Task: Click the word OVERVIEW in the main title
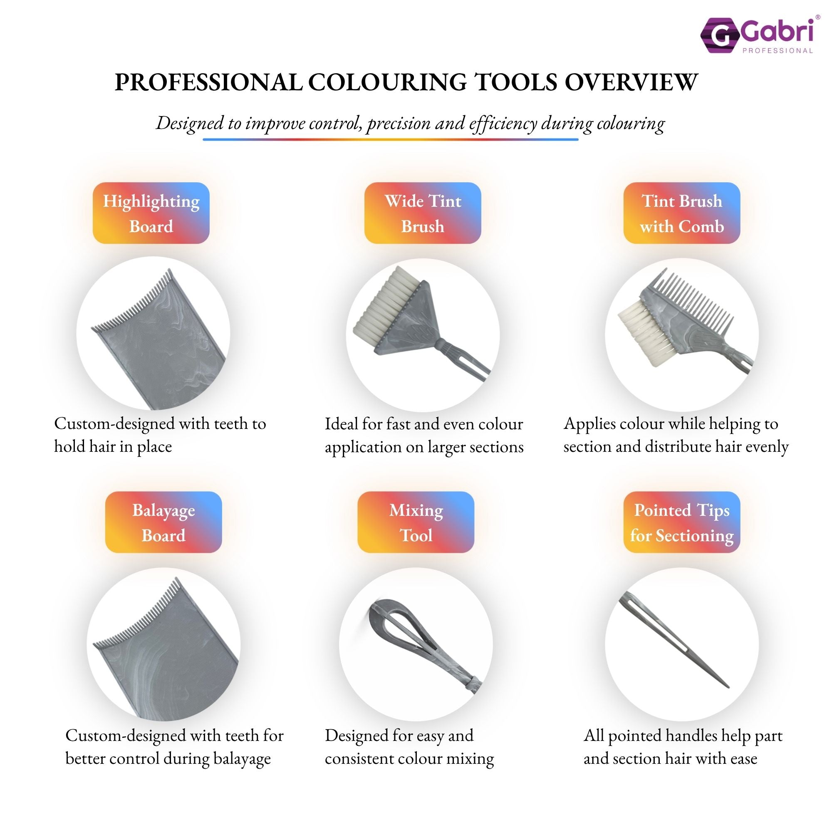631,82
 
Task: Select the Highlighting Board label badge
151,213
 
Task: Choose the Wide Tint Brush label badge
423,213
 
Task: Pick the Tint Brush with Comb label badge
682,213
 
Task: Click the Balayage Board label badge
163,522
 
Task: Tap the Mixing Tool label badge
416,522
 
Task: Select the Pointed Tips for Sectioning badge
682,522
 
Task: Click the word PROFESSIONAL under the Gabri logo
778,51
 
